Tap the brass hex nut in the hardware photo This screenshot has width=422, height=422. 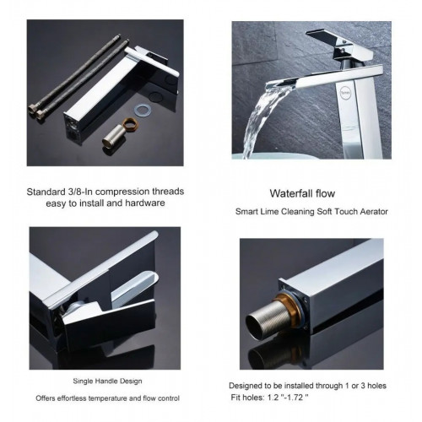[130, 123]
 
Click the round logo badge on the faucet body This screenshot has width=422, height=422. [344, 93]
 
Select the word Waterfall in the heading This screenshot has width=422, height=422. [291, 193]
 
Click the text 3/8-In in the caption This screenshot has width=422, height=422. [80, 192]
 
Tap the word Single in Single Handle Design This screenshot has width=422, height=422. [83, 381]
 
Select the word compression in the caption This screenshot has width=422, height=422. [122, 192]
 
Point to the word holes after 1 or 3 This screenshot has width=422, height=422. [377, 386]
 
